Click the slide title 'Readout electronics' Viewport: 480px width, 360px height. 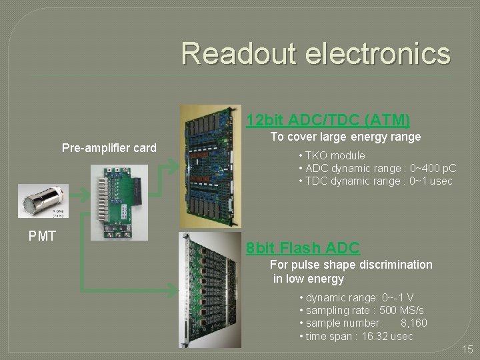coord(315,53)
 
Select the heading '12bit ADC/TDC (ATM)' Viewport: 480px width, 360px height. coord(327,120)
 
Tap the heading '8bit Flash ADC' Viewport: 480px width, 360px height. coord(303,248)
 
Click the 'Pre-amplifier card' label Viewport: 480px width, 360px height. coord(109,147)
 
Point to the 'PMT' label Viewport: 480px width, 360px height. coord(42,235)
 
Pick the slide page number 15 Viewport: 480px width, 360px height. coord(467,349)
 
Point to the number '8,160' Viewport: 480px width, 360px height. coord(413,323)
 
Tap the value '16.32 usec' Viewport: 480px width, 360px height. coord(387,336)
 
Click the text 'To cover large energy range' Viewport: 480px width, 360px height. coord(345,137)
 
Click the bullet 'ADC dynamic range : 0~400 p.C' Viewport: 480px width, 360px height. coord(377,168)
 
